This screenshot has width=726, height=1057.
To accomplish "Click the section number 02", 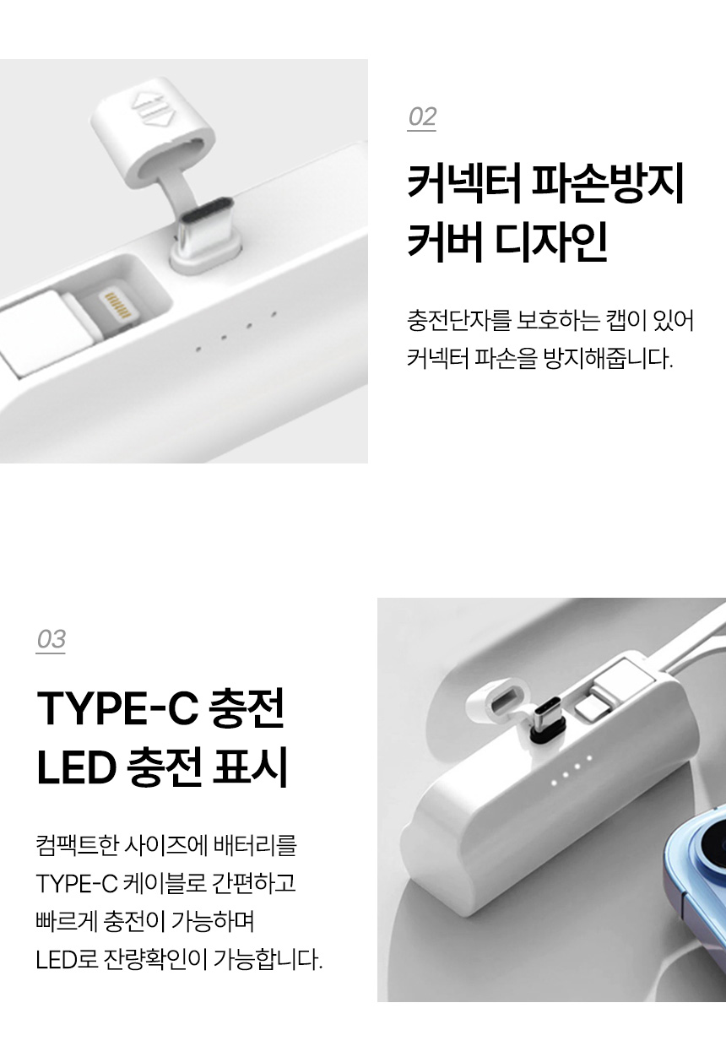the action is coord(422,117).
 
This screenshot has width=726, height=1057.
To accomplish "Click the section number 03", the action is coord(51,639).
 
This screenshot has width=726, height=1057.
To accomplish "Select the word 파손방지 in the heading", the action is coord(608,184).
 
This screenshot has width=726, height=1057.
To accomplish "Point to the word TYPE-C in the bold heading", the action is coord(117,707).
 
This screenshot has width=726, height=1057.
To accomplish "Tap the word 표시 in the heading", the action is coord(250,766).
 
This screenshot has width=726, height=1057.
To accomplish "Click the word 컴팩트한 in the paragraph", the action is coord(77,844).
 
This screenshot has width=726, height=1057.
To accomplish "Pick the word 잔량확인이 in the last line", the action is coord(155,959).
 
